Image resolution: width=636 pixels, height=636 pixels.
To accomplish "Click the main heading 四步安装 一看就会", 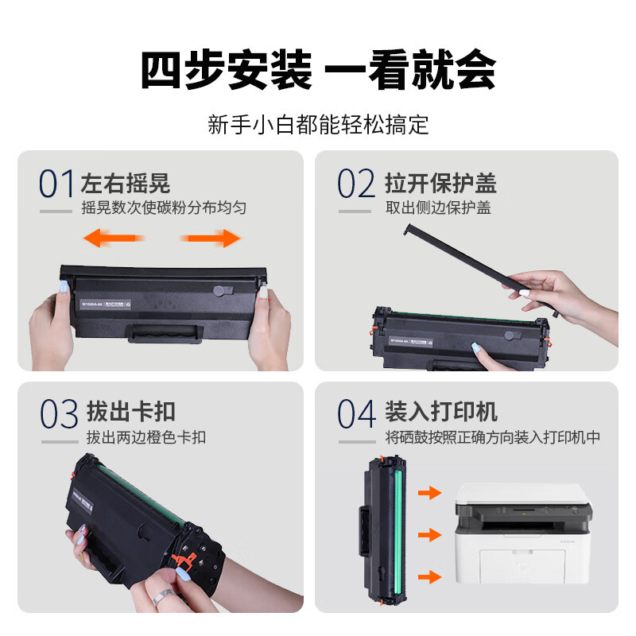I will coord(318,71).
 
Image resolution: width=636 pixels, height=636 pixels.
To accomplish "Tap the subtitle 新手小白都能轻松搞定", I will coord(318,125).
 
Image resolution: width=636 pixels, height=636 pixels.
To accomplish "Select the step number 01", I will coord(57,184).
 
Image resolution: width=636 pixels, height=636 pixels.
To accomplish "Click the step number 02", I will coord(355,184).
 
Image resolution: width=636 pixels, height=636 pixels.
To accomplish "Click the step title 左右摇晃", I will coord(126,184).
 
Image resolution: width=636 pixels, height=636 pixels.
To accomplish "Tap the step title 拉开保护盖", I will coord(440,184).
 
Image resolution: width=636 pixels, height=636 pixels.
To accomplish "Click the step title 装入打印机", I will coord(440,413).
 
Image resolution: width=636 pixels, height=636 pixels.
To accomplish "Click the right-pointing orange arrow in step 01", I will coord(211,238).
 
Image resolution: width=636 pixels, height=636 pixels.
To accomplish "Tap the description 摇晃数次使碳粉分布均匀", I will coord(163,208).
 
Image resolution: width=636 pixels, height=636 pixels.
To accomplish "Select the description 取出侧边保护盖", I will coord(438,208).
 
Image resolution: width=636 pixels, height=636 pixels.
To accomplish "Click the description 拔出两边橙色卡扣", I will coord(146,437).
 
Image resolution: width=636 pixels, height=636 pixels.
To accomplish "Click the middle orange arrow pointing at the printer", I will coord(429,534).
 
